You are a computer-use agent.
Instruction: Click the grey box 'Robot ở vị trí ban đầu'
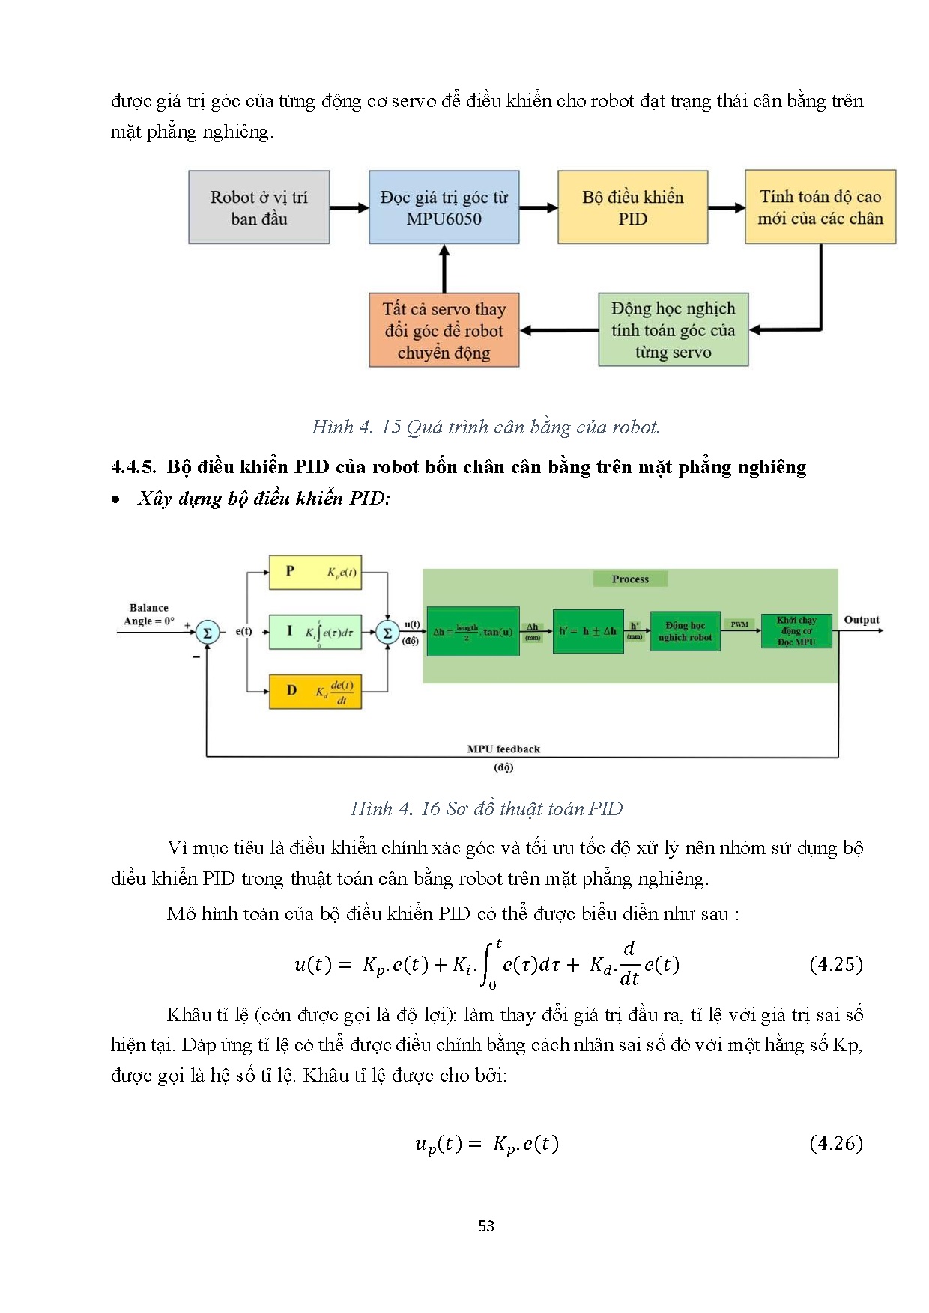coord(258,207)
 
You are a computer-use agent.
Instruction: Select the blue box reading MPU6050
coord(444,207)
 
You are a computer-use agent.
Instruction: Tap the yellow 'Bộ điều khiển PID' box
coord(632,207)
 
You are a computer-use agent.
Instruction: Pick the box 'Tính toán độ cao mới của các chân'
coord(820,207)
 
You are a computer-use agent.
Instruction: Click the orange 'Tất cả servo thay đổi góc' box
coord(444,330)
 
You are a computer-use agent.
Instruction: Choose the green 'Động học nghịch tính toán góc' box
coord(673,330)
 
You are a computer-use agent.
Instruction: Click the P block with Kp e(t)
coord(315,572)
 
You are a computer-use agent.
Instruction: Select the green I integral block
coord(315,632)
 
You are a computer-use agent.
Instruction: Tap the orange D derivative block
coord(315,691)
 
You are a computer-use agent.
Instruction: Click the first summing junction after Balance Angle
coord(207,633)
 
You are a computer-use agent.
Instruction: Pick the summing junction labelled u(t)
coord(387,633)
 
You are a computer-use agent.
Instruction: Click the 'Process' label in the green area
coord(630,579)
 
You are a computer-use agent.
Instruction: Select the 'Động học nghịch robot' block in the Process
coord(685,631)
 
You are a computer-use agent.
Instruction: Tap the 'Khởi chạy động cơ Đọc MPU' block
coord(796,631)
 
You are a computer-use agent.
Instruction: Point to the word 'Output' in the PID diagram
coord(862,620)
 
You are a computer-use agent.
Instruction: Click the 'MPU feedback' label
coord(503,749)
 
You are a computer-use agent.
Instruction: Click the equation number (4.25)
coord(836,964)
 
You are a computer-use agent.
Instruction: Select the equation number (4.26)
coord(836,1143)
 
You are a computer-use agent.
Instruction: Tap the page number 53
coord(486,1226)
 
